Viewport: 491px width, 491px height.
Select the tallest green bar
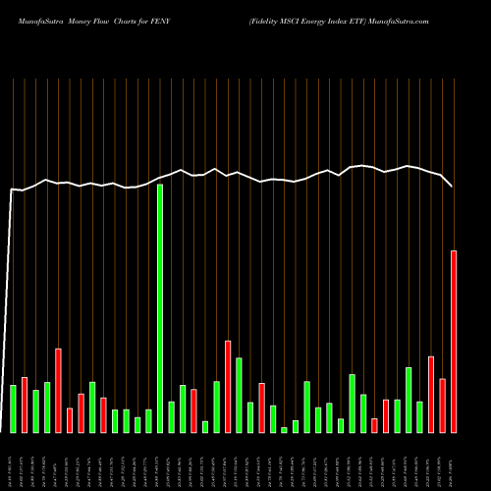tap(160, 308)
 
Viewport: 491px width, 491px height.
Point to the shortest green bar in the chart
tap(284, 429)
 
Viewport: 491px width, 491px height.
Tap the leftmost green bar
tap(13, 409)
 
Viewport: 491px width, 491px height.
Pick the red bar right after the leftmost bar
tap(25, 405)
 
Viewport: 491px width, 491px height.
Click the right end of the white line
tap(453, 186)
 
